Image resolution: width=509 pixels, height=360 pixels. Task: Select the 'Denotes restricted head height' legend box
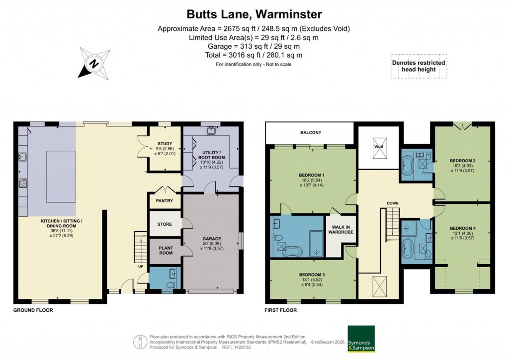point(418,66)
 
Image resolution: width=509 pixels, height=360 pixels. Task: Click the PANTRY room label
point(164,201)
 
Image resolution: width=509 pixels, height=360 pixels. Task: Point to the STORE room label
point(165,224)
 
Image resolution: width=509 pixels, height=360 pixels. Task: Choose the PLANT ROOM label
point(166,250)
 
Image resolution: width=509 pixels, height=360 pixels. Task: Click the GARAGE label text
point(211,238)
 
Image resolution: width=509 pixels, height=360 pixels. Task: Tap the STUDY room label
point(164,144)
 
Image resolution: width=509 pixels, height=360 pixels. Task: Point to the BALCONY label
point(310,133)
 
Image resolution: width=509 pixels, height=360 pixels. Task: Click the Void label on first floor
point(379,147)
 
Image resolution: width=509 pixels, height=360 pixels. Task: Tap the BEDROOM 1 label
point(312,175)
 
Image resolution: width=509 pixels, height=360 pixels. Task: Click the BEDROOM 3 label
point(312,274)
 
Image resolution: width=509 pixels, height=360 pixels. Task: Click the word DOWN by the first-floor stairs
point(392,203)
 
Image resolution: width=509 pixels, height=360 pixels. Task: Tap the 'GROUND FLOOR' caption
point(33,310)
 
